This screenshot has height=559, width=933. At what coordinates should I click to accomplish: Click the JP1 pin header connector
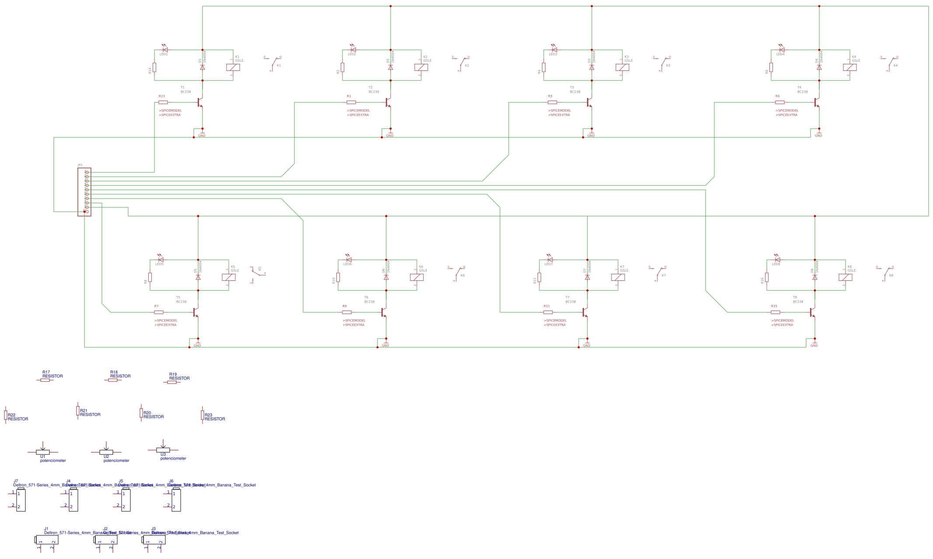[x=84, y=192]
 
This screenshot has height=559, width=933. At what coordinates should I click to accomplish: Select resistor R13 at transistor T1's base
[x=163, y=102]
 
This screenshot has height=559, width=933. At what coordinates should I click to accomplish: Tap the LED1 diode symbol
[x=165, y=50]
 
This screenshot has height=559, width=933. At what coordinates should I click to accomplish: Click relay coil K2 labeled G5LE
[x=421, y=67]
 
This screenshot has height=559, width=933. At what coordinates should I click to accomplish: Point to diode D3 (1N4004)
[x=592, y=67]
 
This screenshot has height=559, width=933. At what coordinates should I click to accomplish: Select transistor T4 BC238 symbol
[x=817, y=103]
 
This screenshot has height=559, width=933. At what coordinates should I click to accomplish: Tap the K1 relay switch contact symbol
[x=274, y=62]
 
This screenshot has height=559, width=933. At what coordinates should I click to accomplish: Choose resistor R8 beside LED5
[x=150, y=277]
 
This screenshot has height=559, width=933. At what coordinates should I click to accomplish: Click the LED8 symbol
[x=777, y=260]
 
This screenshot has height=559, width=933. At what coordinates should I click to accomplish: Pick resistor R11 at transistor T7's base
[x=548, y=312]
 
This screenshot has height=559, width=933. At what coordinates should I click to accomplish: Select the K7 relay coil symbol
[x=618, y=277]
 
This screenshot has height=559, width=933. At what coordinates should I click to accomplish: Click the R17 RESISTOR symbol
[x=45, y=380]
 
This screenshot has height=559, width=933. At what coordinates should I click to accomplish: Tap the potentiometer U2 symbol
[x=106, y=451]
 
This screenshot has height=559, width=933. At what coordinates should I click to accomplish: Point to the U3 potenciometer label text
[x=173, y=458]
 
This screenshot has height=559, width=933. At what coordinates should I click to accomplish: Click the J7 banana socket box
[x=21, y=500]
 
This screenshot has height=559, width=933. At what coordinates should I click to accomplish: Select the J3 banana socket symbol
[x=154, y=540]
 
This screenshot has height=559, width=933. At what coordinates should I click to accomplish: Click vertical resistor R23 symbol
[x=203, y=415]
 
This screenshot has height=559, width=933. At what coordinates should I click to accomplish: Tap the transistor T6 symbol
[x=384, y=312]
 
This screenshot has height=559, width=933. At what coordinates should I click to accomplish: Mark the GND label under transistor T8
[x=814, y=346]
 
